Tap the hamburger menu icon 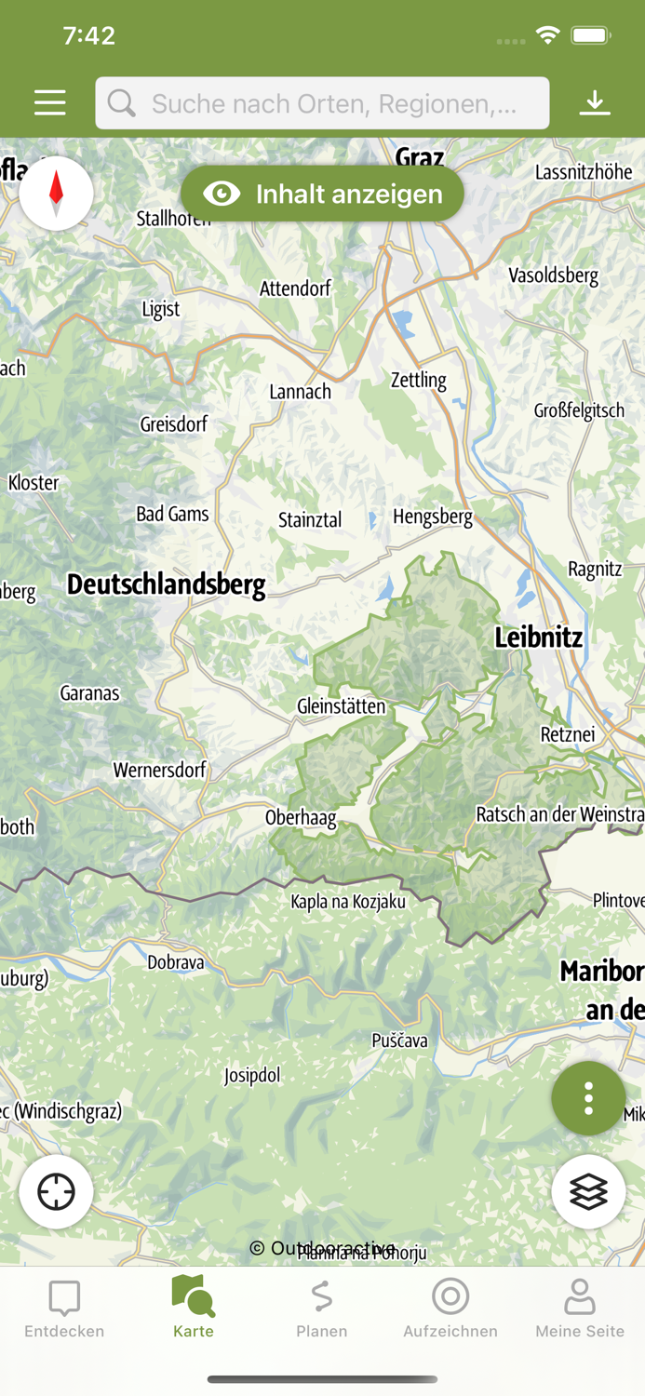tap(50, 102)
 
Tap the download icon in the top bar tap(595, 102)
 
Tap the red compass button tap(56, 193)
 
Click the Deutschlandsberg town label tap(167, 584)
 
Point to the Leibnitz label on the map tap(538, 638)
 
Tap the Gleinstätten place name tap(341, 706)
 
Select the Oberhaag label tap(301, 817)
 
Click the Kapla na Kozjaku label tap(348, 901)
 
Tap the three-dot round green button tap(588, 1098)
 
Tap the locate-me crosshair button tap(56, 1191)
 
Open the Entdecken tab tap(64, 1308)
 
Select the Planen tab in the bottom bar tap(322, 1308)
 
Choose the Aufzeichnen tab tap(450, 1308)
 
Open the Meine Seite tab tap(579, 1308)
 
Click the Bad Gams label tap(172, 514)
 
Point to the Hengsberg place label tap(433, 517)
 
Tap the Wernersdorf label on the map tap(159, 770)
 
